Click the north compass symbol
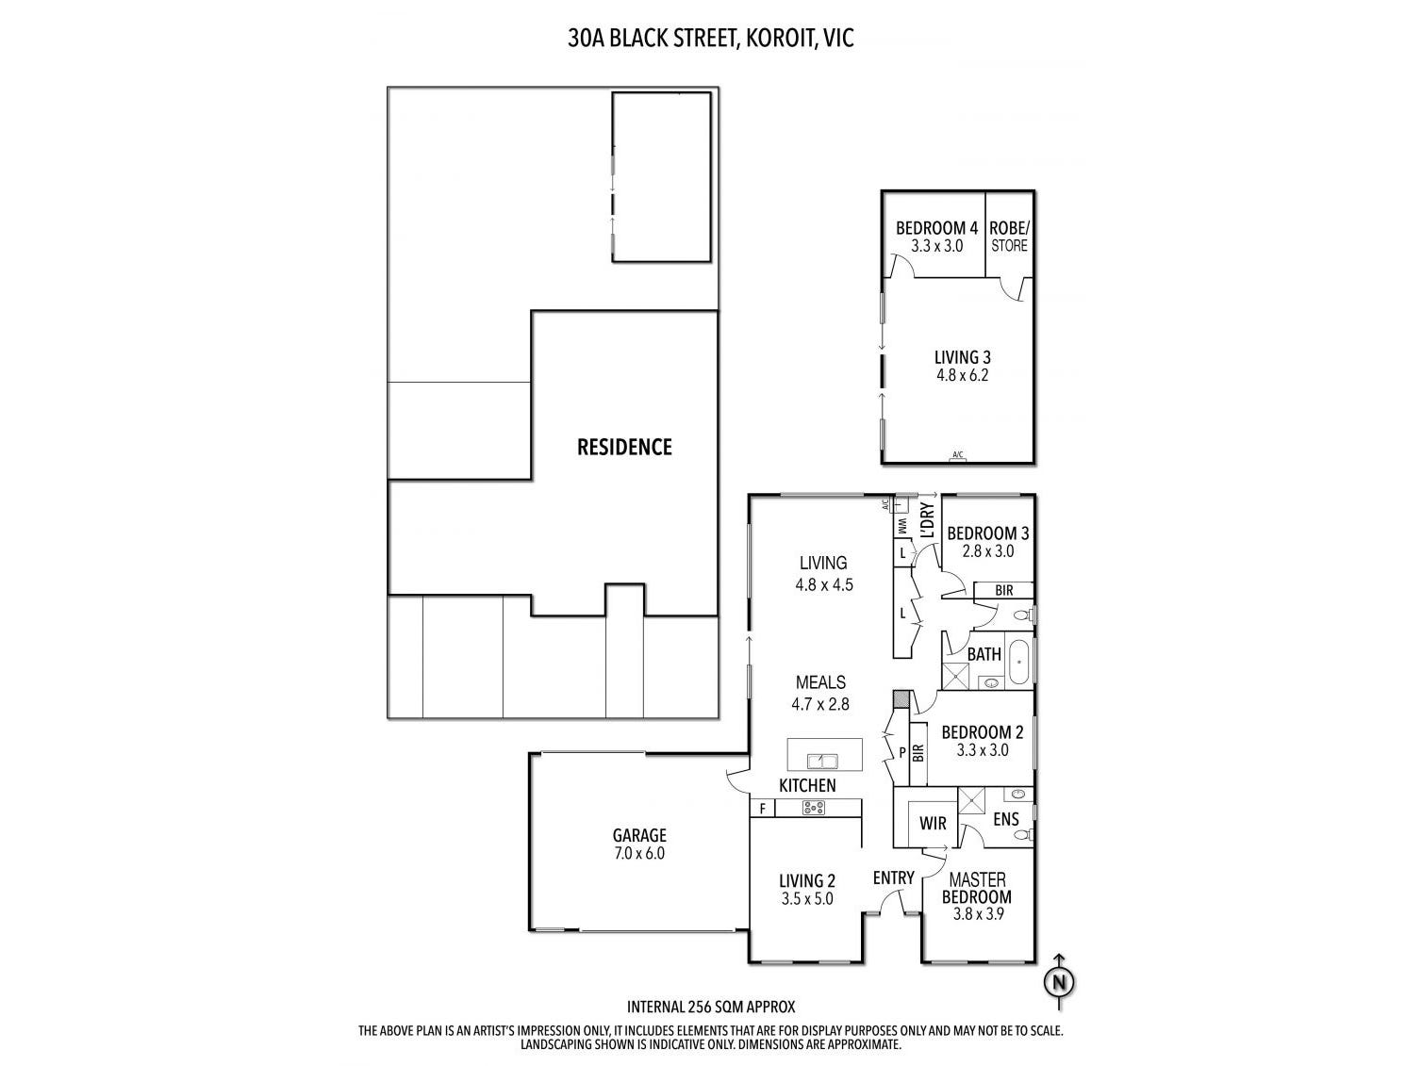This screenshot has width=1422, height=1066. click(1060, 981)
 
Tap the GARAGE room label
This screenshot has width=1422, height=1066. click(639, 835)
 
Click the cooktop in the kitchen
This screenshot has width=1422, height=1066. click(813, 808)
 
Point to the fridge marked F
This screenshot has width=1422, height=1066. click(762, 808)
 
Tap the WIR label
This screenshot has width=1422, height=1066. click(933, 824)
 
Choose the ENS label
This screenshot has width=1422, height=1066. click(1006, 819)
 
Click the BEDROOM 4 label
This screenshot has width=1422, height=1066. click(936, 228)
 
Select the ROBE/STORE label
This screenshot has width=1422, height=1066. click(1009, 236)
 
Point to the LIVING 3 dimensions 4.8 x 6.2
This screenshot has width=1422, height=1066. click(962, 375)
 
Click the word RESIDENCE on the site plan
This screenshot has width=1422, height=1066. click(624, 447)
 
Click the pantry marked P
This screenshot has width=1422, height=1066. click(901, 753)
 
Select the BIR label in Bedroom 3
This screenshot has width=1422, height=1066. click(1003, 590)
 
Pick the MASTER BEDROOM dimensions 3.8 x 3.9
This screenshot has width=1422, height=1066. click(976, 912)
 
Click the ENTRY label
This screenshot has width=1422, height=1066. click(893, 878)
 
